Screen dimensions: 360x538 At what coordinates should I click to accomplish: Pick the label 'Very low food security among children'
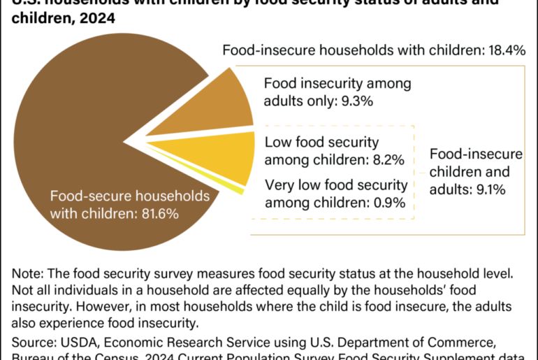(335, 194)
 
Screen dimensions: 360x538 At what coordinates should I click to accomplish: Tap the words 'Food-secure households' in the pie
(119, 196)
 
